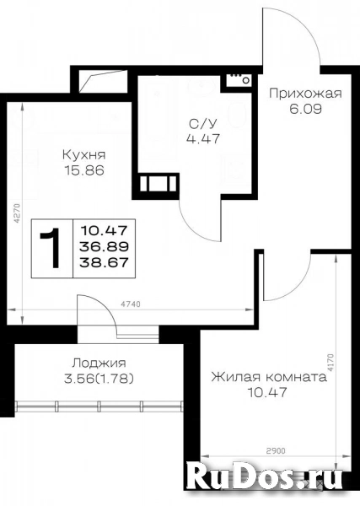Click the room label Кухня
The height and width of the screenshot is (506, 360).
[83, 154]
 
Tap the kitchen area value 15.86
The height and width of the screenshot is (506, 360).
[84, 170]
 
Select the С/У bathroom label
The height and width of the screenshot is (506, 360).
[203, 123]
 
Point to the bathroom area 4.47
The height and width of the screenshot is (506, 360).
[203, 139]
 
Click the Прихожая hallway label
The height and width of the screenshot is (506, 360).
[305, 94]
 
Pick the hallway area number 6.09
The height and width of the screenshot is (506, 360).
[305, 109]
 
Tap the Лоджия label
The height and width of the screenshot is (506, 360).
[99, 363]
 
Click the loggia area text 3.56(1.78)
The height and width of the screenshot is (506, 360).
[99, 379]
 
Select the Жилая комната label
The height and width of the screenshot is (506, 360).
[269, 377]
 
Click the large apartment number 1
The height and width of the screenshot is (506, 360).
[51, 248]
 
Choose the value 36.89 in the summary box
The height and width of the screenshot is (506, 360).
[105, 247]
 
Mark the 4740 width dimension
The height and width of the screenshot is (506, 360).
[131, 304]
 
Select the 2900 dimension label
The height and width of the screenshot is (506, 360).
[276, 451]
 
